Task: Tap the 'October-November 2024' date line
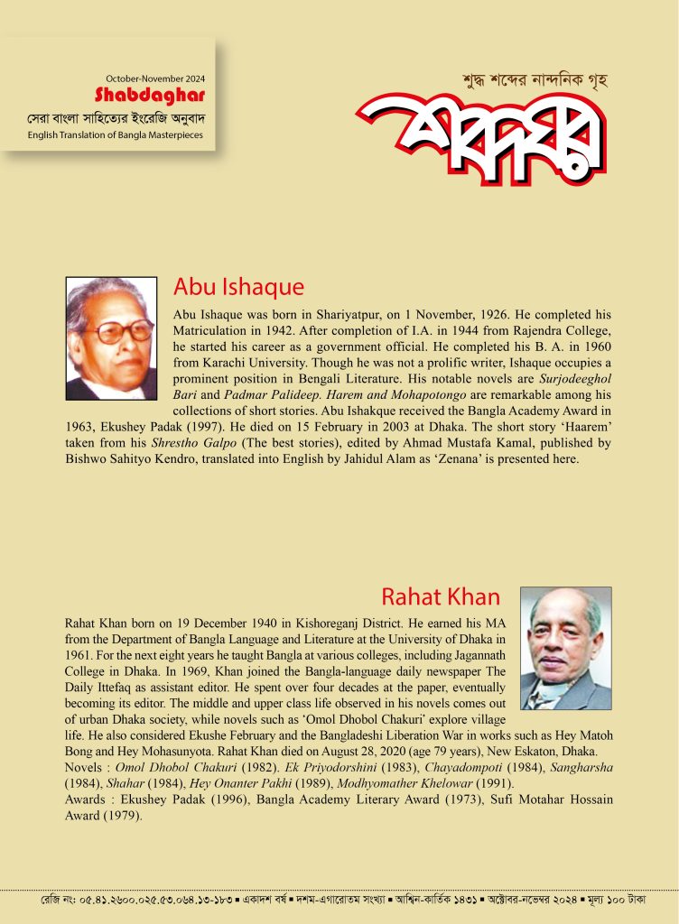click(x=154, y=79)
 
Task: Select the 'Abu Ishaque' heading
click(x=238, y=288)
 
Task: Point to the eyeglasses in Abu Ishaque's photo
click(x=125, y=332)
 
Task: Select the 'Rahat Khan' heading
click(x=441, y=596)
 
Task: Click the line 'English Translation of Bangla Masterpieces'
click(x=115, y=135)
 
